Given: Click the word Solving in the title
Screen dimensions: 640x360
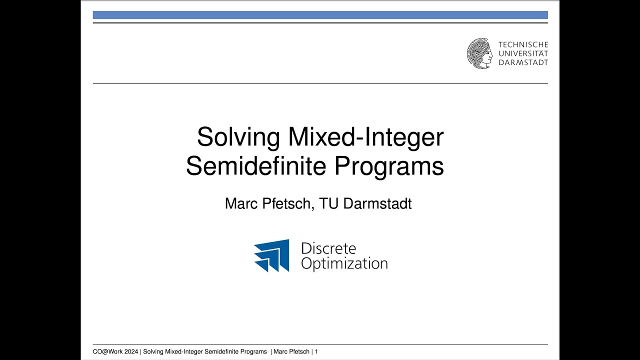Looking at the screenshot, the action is coord(238,137).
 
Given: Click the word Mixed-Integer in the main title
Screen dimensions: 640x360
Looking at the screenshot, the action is coord(365,137).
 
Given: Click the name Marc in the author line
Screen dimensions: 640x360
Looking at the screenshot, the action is coord(241,203).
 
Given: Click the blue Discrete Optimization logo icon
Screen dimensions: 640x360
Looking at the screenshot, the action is coord(271,255).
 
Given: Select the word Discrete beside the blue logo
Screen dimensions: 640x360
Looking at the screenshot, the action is coord(328,248).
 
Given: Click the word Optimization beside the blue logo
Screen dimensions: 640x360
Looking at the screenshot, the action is coord(344,263).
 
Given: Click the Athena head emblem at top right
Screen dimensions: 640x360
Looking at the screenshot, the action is coord(479,53).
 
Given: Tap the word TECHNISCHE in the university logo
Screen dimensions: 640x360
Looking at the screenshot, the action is coord(523,45).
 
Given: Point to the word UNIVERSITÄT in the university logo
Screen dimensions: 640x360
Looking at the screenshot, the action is coord(523,53).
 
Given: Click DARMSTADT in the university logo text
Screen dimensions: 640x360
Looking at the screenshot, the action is coord(523,62).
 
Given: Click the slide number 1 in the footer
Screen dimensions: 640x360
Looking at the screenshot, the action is coord(316,352).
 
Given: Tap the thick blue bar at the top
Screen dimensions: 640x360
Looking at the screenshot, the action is coord(320,15).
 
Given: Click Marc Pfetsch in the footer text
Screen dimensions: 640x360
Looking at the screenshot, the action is coord(291,352).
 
